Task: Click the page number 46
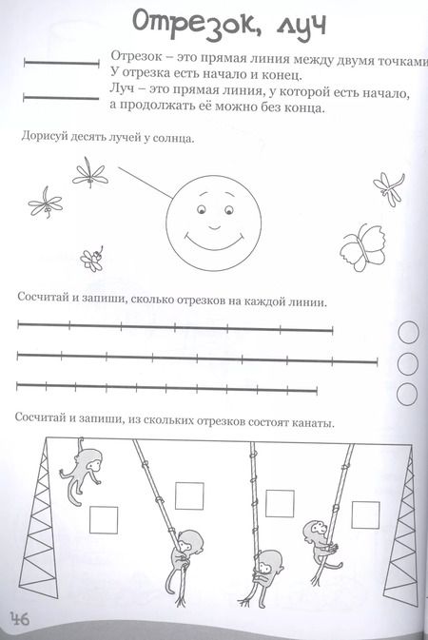pos(20,620)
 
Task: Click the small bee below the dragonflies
pos(91,258)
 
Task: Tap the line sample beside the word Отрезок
pos(59,65)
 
